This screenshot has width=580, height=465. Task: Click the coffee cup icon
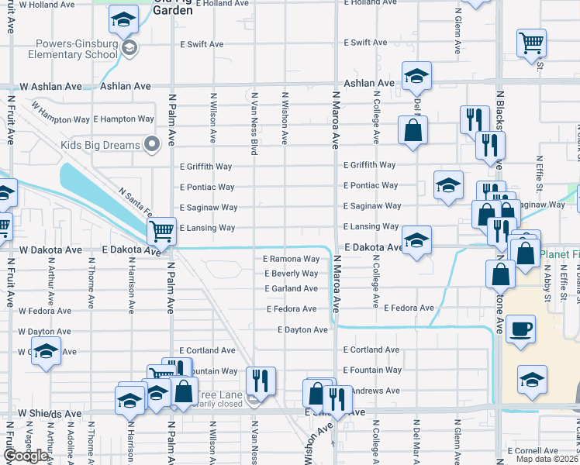click(520, 328)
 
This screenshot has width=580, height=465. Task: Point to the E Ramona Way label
click(292, 259)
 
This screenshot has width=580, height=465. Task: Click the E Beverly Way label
click(292, 274)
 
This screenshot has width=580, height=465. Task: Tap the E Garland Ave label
click(292, 289)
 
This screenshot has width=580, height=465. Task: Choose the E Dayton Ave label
click(303, 330)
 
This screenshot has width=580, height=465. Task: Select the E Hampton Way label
click(123, 119)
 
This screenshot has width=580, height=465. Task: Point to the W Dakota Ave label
click(50, 250)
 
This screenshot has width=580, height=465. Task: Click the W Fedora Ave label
click(49, 311)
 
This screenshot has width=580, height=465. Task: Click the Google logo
click(26, 456)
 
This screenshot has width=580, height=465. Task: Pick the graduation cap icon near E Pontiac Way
click(448, 185)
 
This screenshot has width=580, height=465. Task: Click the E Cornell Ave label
click(533, 450)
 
